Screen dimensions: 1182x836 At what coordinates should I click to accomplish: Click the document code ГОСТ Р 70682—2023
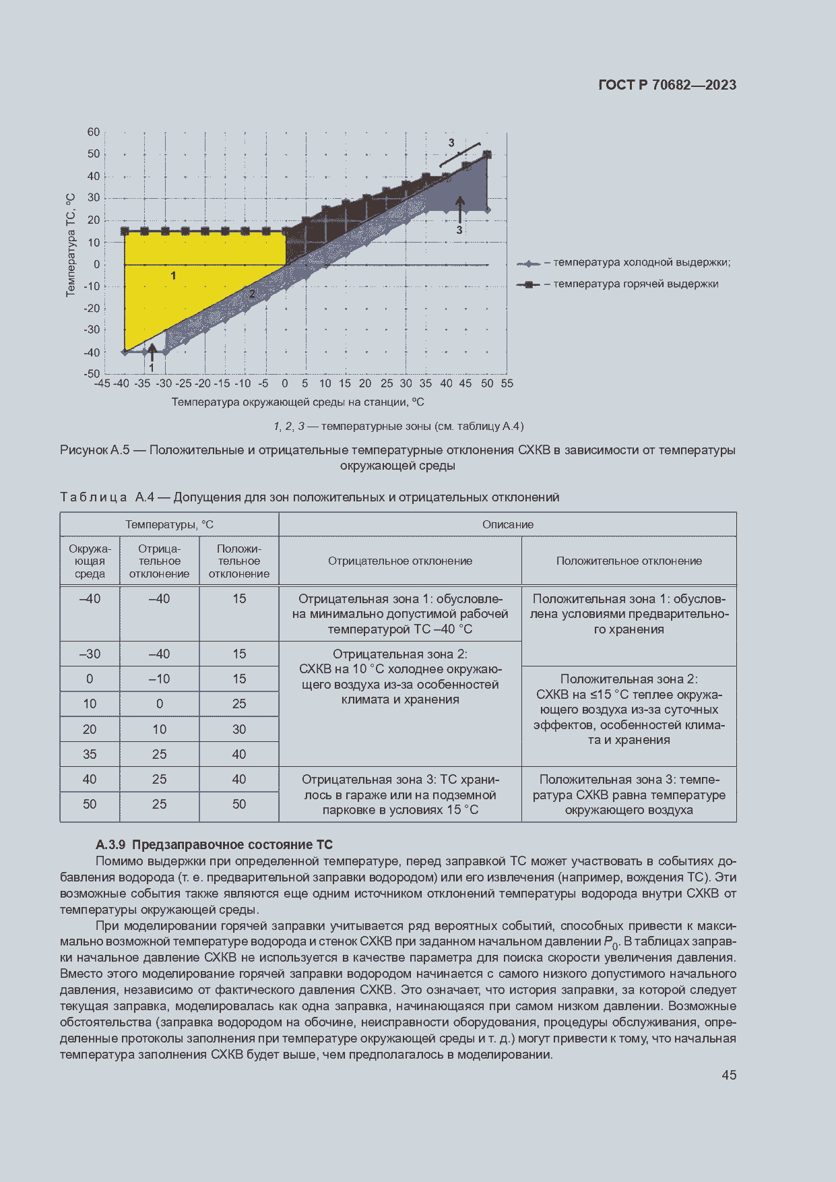pos(667,85)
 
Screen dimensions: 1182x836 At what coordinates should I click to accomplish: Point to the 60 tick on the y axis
pos(94,132)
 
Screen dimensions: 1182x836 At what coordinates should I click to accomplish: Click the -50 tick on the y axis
pos(92,373)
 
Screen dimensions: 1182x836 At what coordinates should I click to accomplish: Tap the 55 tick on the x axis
pos(507,383)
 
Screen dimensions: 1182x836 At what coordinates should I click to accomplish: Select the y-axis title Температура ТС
pos(71,245)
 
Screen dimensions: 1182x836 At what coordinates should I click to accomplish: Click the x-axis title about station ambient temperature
pos(298,402)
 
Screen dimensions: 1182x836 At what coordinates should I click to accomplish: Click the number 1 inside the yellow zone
pos(173,276)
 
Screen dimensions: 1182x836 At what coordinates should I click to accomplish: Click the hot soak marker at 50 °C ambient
pos(487,155)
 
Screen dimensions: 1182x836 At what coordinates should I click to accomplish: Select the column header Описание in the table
pos(507,524)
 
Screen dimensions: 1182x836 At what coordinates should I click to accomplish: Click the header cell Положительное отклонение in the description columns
pos(629,561)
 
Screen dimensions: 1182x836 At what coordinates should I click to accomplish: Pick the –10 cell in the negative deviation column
pos(159,679)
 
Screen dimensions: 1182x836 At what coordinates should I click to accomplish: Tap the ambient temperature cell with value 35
pos(90,754)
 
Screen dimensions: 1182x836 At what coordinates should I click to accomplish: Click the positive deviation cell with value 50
pos(239,804)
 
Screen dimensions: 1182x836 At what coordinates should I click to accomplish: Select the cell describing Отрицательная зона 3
pos(400,795)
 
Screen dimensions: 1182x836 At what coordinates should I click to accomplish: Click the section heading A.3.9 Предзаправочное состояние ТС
pos(214,844)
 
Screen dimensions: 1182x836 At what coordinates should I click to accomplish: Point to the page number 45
pos(728,1075)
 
